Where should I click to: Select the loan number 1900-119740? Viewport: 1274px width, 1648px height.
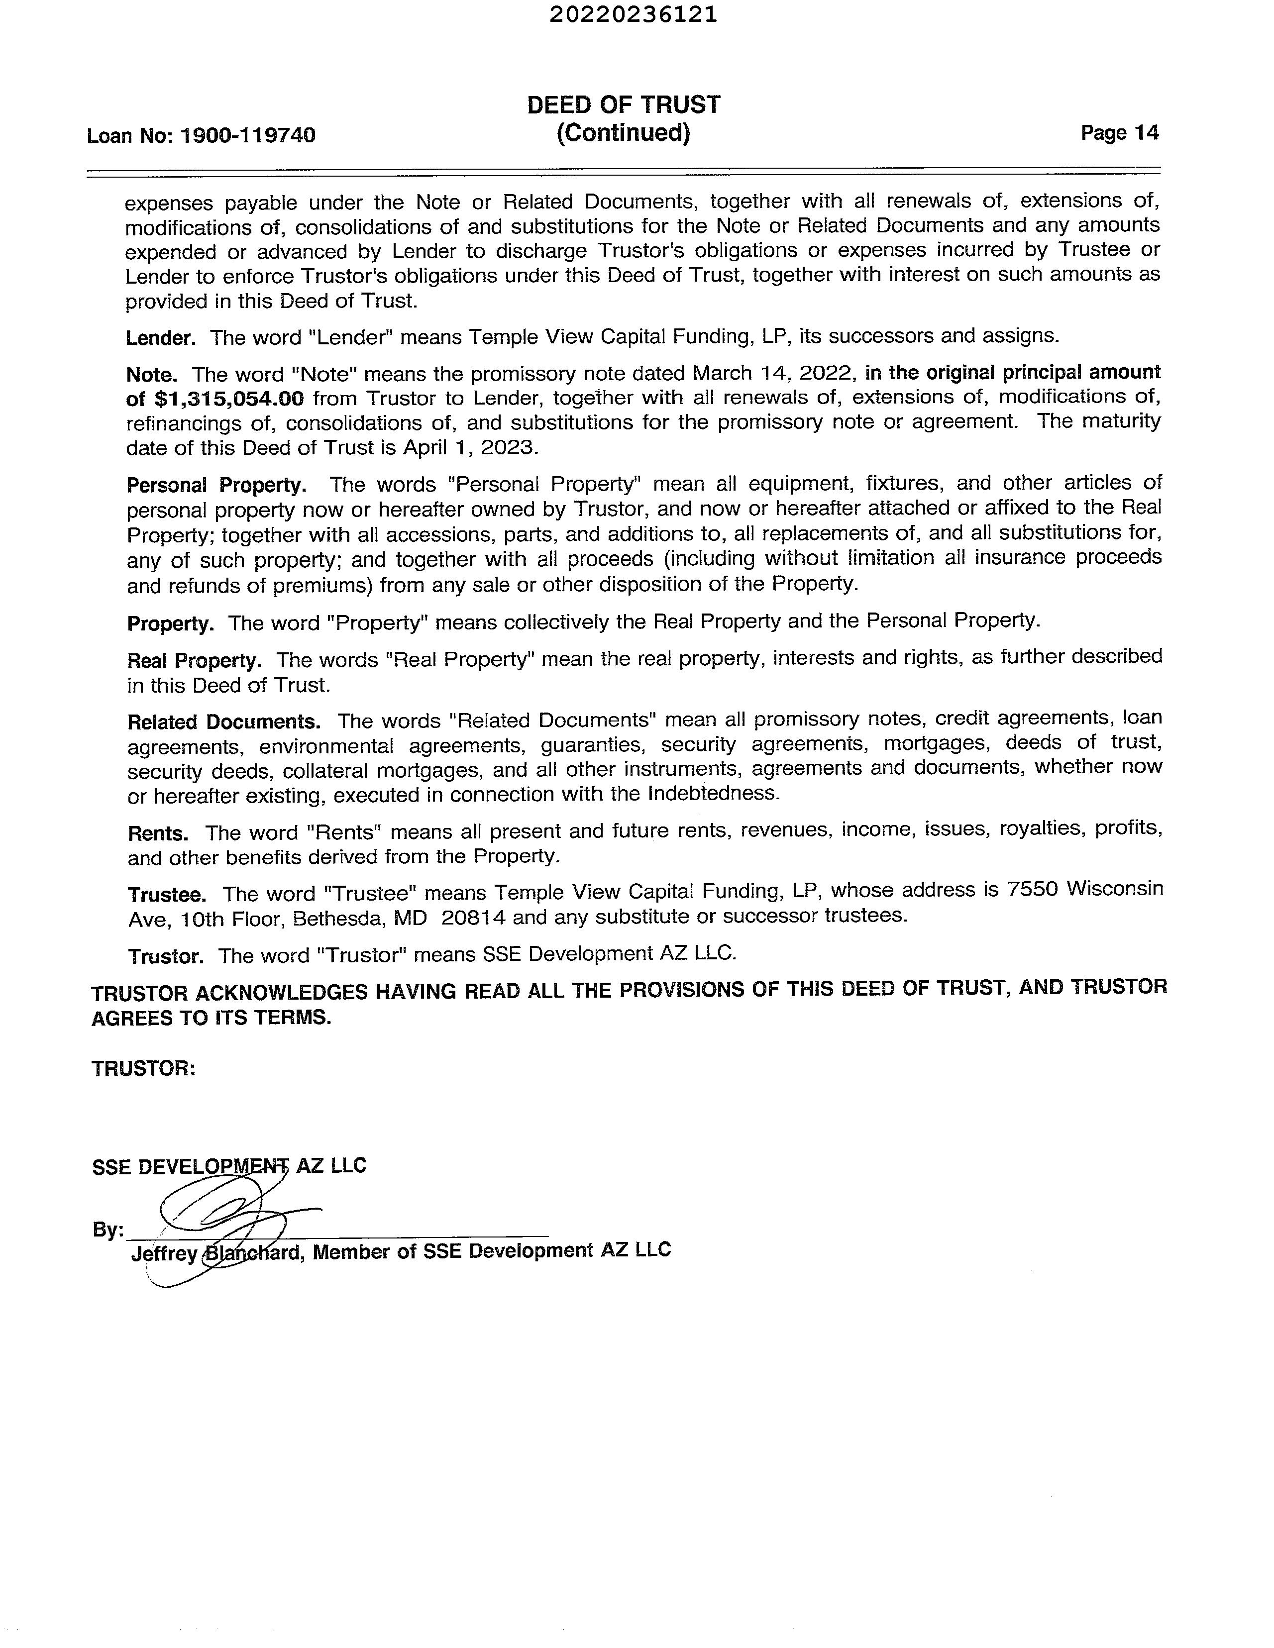[248, 136]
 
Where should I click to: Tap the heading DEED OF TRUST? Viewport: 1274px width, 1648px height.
[624, 105]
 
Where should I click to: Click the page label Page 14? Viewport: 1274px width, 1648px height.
[1119, 133]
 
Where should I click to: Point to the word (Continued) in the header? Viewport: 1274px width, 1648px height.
[624, 133]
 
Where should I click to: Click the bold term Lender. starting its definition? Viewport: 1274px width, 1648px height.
[161, 337]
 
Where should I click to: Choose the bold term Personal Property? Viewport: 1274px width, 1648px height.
[216, 485]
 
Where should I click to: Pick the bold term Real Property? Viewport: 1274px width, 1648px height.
[194, 661]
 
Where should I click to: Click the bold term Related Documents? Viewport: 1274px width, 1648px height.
[223, 722]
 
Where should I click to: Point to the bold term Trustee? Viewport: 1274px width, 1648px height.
[167, 895]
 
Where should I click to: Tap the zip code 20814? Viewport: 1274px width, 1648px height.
[474, 918]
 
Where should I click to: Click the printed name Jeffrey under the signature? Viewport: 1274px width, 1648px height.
[164, 1253]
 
